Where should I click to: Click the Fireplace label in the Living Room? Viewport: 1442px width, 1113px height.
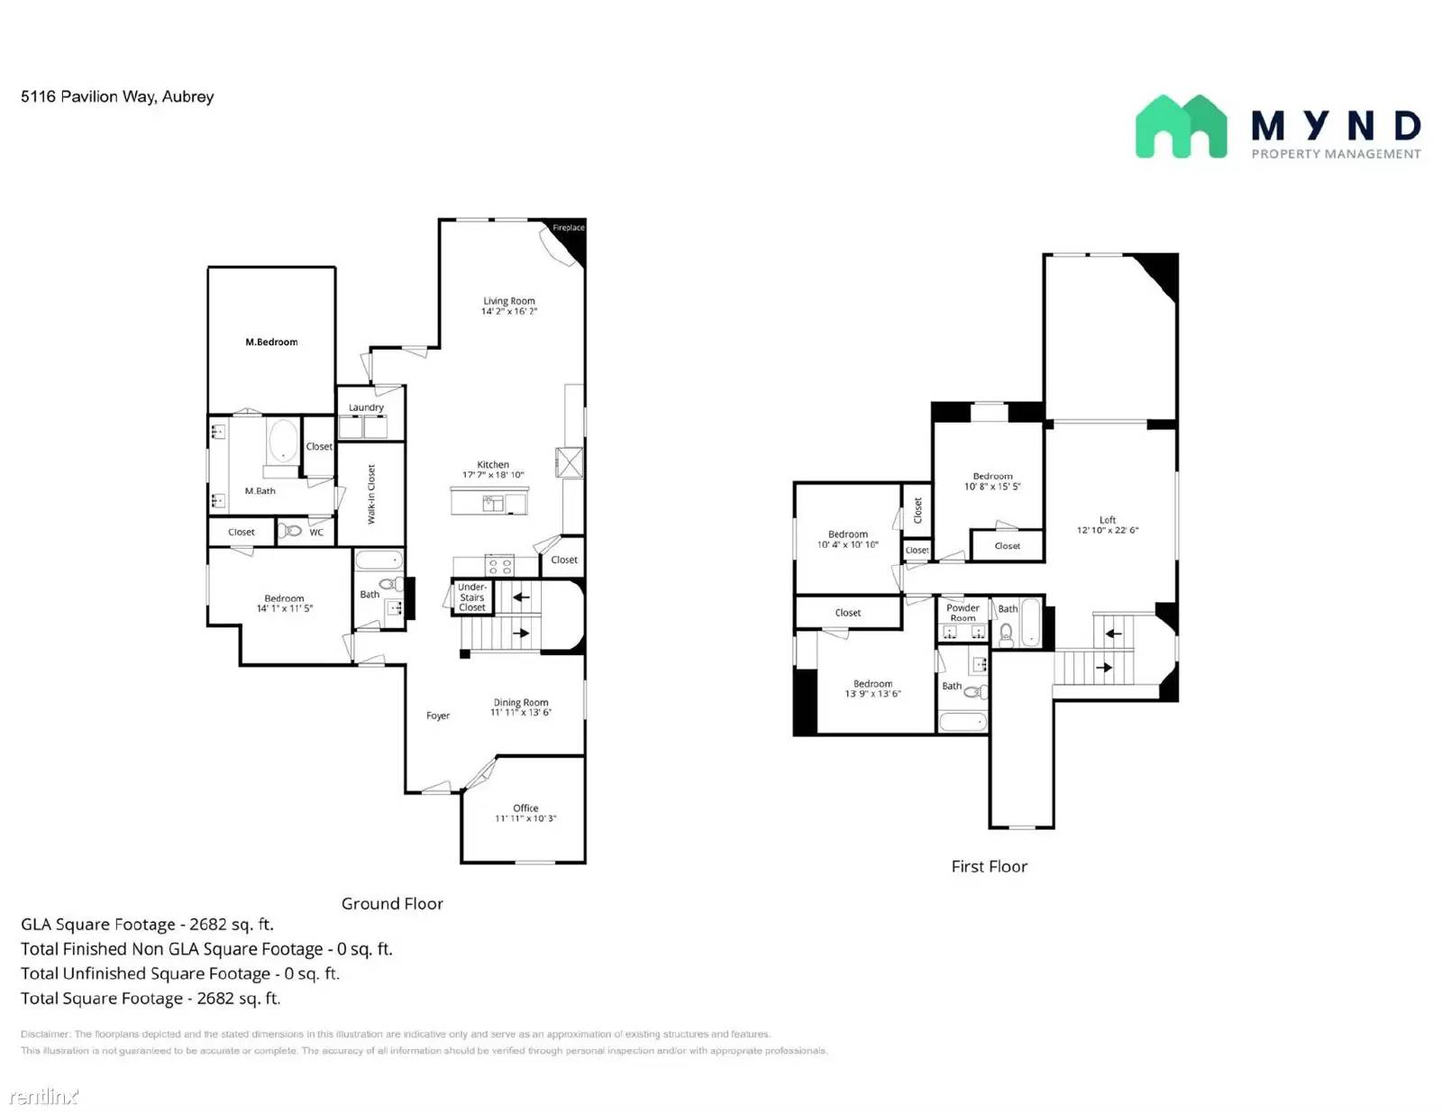click(x=568, y=228)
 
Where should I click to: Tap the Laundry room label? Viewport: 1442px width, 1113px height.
click(x=366, y=407)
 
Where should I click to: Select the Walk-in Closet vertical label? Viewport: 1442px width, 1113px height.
click(x=371, y=494)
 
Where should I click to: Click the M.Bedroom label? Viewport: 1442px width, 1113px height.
click(x=271, y=342)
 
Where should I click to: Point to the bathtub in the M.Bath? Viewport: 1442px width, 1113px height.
click(x=283, y=442)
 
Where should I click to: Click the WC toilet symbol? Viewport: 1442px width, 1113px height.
click(x=291, y=531)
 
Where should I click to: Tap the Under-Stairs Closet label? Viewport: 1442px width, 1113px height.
click(x=472, y=598)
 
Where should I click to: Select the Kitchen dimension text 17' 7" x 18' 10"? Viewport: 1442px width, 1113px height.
click(x=493, y=475)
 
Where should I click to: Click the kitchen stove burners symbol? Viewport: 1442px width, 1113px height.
click(x=500, y=566)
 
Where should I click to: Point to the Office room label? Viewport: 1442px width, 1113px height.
click(x=525, y=808)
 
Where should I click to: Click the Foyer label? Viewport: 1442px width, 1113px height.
click(x=438, y=716)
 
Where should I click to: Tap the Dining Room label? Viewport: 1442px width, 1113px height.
click(x=521, y=703)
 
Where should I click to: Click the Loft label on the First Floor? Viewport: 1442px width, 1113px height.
click(x=1108, y=520)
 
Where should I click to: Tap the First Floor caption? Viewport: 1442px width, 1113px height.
click(x=989, y=867)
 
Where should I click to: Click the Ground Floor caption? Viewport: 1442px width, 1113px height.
click(x=392, y=904)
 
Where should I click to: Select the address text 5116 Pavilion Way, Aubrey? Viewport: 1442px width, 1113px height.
click(x=117, y=96)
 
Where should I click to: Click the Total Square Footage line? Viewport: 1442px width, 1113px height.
click(x=151, y=999)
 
